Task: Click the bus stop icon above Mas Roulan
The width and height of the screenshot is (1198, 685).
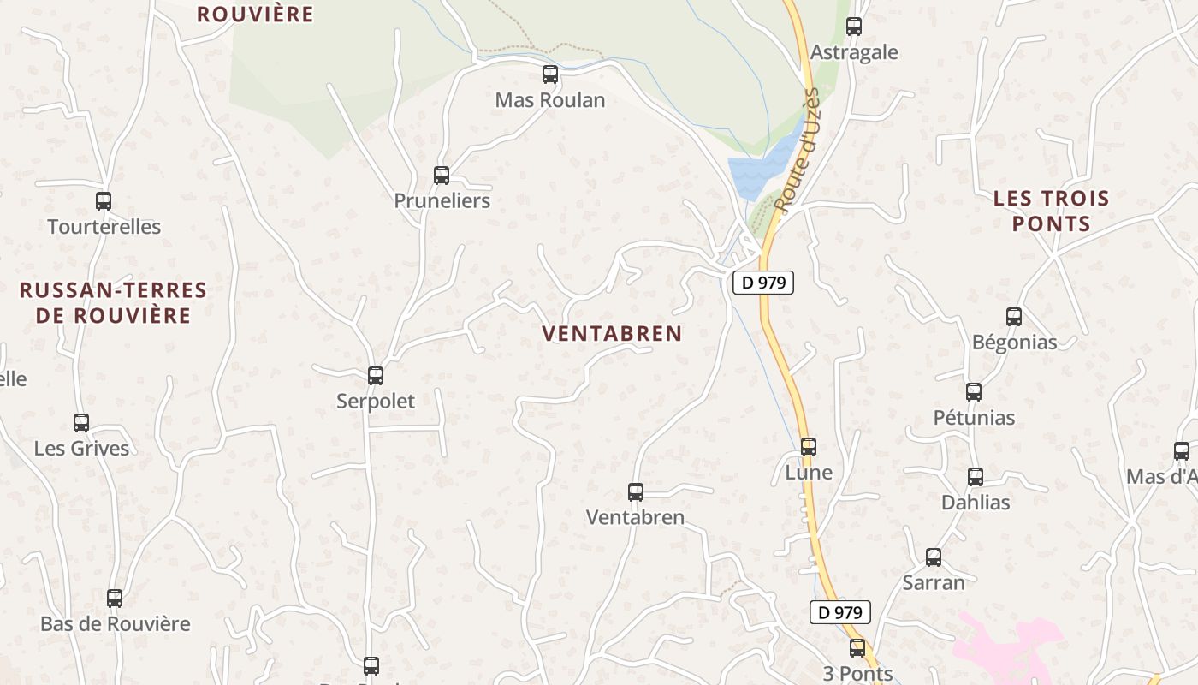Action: tap(550, 74)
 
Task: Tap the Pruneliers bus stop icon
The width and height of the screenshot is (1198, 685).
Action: tap(442, 176)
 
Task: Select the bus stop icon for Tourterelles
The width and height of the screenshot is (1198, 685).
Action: tap(104, 201)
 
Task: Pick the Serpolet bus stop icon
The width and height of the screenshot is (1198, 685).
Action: tap(375, 375)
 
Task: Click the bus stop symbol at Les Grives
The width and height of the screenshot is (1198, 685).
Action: tap(81, 423)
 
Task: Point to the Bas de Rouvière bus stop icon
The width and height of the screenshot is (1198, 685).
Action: tap(115, 599)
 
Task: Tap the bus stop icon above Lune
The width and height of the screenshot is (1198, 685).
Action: tap(809, 446)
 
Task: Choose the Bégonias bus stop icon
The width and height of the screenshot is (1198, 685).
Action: tap(1014, 317)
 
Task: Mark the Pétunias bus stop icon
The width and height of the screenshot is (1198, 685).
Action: tap(974, 392)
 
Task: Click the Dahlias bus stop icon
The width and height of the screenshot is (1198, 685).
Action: tap(976, 477)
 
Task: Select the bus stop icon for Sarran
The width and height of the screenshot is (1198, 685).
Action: tap(934, 557)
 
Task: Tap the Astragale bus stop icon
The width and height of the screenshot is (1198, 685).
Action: tap(854, 27)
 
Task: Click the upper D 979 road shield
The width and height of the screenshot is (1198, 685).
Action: tap(763, 283)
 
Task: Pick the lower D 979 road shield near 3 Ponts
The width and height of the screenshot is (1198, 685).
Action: tap(840, 612)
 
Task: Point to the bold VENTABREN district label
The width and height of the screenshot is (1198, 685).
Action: tap(613, 334)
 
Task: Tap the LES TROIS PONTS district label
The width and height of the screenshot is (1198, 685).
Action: tap(1052, 211)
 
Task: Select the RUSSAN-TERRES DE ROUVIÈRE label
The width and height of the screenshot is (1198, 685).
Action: tap(114, 303)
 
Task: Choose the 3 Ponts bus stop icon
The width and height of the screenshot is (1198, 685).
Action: tap(857, 648)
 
